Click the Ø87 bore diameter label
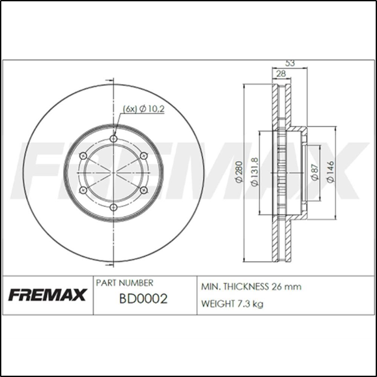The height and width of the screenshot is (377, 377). pyautogui.click(x=315, y=173)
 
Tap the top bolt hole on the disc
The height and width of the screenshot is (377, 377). pyautogui.click(x=113, y=139)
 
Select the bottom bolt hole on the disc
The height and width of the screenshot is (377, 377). pyautogui.click(x=113, y=207)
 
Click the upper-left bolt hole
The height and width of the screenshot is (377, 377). pyautogui.click(x=83, y=156)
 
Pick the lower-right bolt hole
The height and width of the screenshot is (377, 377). pyautogui.click(x=143, y=190)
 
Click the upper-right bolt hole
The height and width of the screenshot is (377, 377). pyautogui.click(x=143, y=156)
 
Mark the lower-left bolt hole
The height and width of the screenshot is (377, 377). pyautogui.click(x=83, y=190)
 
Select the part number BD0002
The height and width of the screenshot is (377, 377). pyautogui.click(x=144, y=300)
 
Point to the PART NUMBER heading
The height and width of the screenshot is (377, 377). pyautogui.click(x=124, y=283)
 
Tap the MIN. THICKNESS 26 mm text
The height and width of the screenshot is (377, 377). pyautogui.click(x=251, y=286)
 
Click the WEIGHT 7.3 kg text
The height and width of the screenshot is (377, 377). pyautogui.click(x=233, y=304)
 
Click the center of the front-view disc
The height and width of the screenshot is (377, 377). pyautogui.click(x=113, y=173)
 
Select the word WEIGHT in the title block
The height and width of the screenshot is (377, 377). pyautogui.click(x=219, y=304)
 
